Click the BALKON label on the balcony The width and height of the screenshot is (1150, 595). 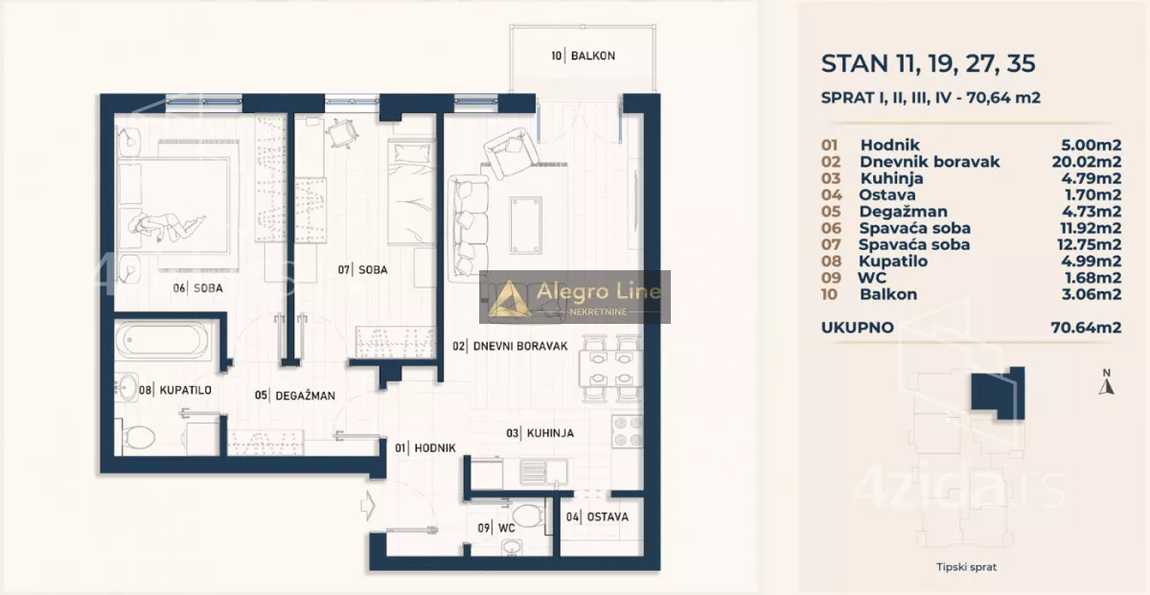(x=593, y=56)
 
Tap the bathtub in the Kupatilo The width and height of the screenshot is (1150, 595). (x=162, y=339)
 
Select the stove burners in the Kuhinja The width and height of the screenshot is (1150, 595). (x=628, y=431)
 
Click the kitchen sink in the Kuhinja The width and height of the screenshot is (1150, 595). (x=543, y=471)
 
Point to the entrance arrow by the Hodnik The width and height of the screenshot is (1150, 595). (x=368, y=506)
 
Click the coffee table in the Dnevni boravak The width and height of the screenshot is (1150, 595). (x=525, y=225)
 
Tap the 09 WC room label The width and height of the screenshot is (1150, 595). (x=496, y=528)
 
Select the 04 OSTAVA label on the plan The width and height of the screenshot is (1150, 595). (x=597, y=517)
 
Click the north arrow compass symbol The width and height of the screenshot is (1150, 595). (x=1106, y=383)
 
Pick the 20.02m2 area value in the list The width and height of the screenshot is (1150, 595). (x=1087, y=162)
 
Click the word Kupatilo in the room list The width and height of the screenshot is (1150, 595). (x=893, y=262)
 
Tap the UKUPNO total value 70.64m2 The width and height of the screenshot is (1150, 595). (x=1086, y=328)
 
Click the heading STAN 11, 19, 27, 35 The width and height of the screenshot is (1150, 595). (x=929, y=63)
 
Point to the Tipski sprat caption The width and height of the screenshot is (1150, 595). (x=966, y=567)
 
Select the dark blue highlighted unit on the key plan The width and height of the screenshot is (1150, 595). (x=998, y=393)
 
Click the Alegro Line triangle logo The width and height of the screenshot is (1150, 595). (x=509, y=299)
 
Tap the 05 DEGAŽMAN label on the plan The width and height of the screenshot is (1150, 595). (x=295, y=396)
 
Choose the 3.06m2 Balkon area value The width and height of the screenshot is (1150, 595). (x=1092, y=294)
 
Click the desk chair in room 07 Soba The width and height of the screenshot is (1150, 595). (x=341, y=133)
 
